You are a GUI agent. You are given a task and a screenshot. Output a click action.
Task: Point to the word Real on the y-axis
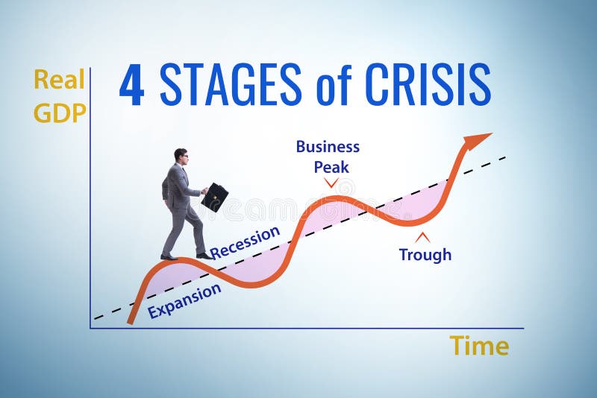point(59,79)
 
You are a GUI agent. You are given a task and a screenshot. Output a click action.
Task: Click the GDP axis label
point(60,112)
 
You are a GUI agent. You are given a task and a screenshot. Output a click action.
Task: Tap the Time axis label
point(479,346)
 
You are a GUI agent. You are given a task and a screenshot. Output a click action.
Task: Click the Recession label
point(245,242)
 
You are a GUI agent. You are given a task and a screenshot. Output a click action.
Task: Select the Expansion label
point(184,300)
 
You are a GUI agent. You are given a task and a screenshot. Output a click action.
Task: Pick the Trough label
point(425,255)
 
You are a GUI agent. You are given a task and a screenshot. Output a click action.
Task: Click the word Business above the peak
point(328,146)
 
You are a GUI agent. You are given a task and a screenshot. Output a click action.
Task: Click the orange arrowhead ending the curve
point(477,139)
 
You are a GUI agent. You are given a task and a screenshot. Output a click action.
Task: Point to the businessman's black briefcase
point(215,197)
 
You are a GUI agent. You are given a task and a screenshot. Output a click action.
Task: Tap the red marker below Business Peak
point(331,183)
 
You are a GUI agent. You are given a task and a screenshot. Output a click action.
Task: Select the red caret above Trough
point(422,238)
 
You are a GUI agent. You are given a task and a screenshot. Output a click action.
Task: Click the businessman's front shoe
point(204,256)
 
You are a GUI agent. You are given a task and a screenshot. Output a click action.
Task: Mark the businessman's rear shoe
point(169,257)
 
